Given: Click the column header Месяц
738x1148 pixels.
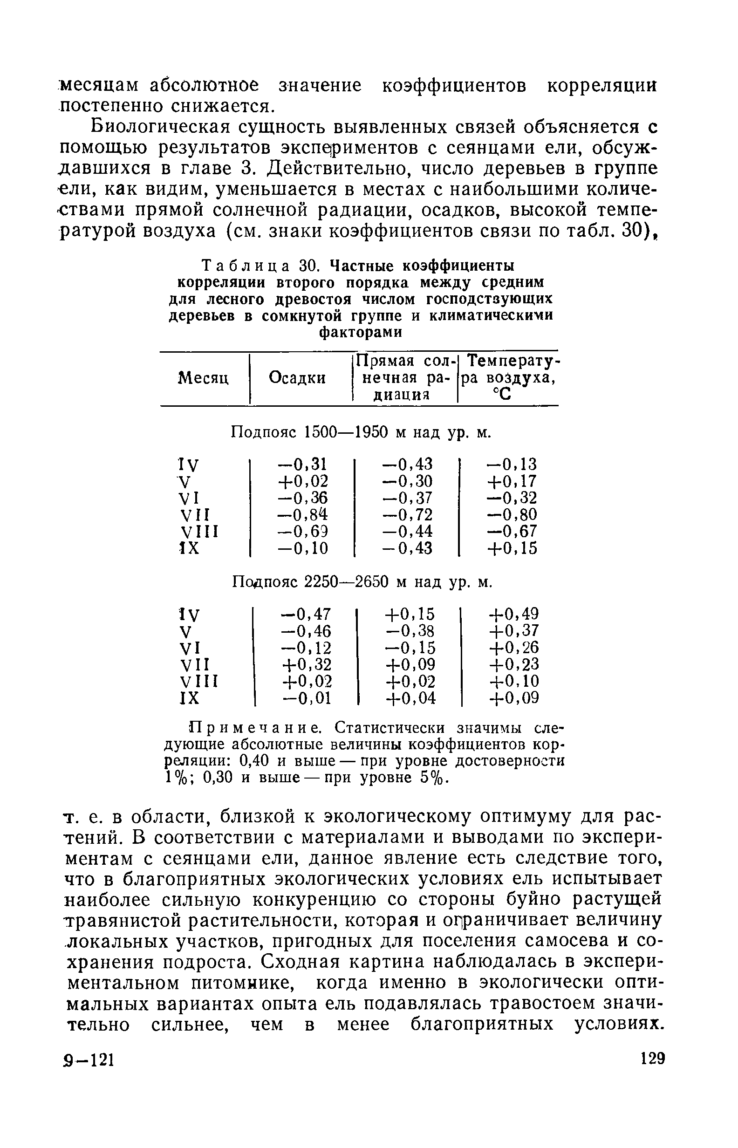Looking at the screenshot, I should pyautogui.click(x=203, y=378).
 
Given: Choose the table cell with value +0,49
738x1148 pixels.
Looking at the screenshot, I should pyautogui.click(x=514, y=614).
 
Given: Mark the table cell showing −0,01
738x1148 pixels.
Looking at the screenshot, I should pyautogui.click(x=306, y=698).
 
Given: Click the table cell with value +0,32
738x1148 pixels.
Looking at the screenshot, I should pyautogui.click(x=306, y=664).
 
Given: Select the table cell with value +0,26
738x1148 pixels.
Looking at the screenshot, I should pyautogui.click(x=514, y=648).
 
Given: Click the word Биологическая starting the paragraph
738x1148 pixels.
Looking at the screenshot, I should pyautogui.click(x=158, y=128).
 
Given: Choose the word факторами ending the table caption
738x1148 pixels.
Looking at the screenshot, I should pyautogui.click(x=360, y=332).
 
